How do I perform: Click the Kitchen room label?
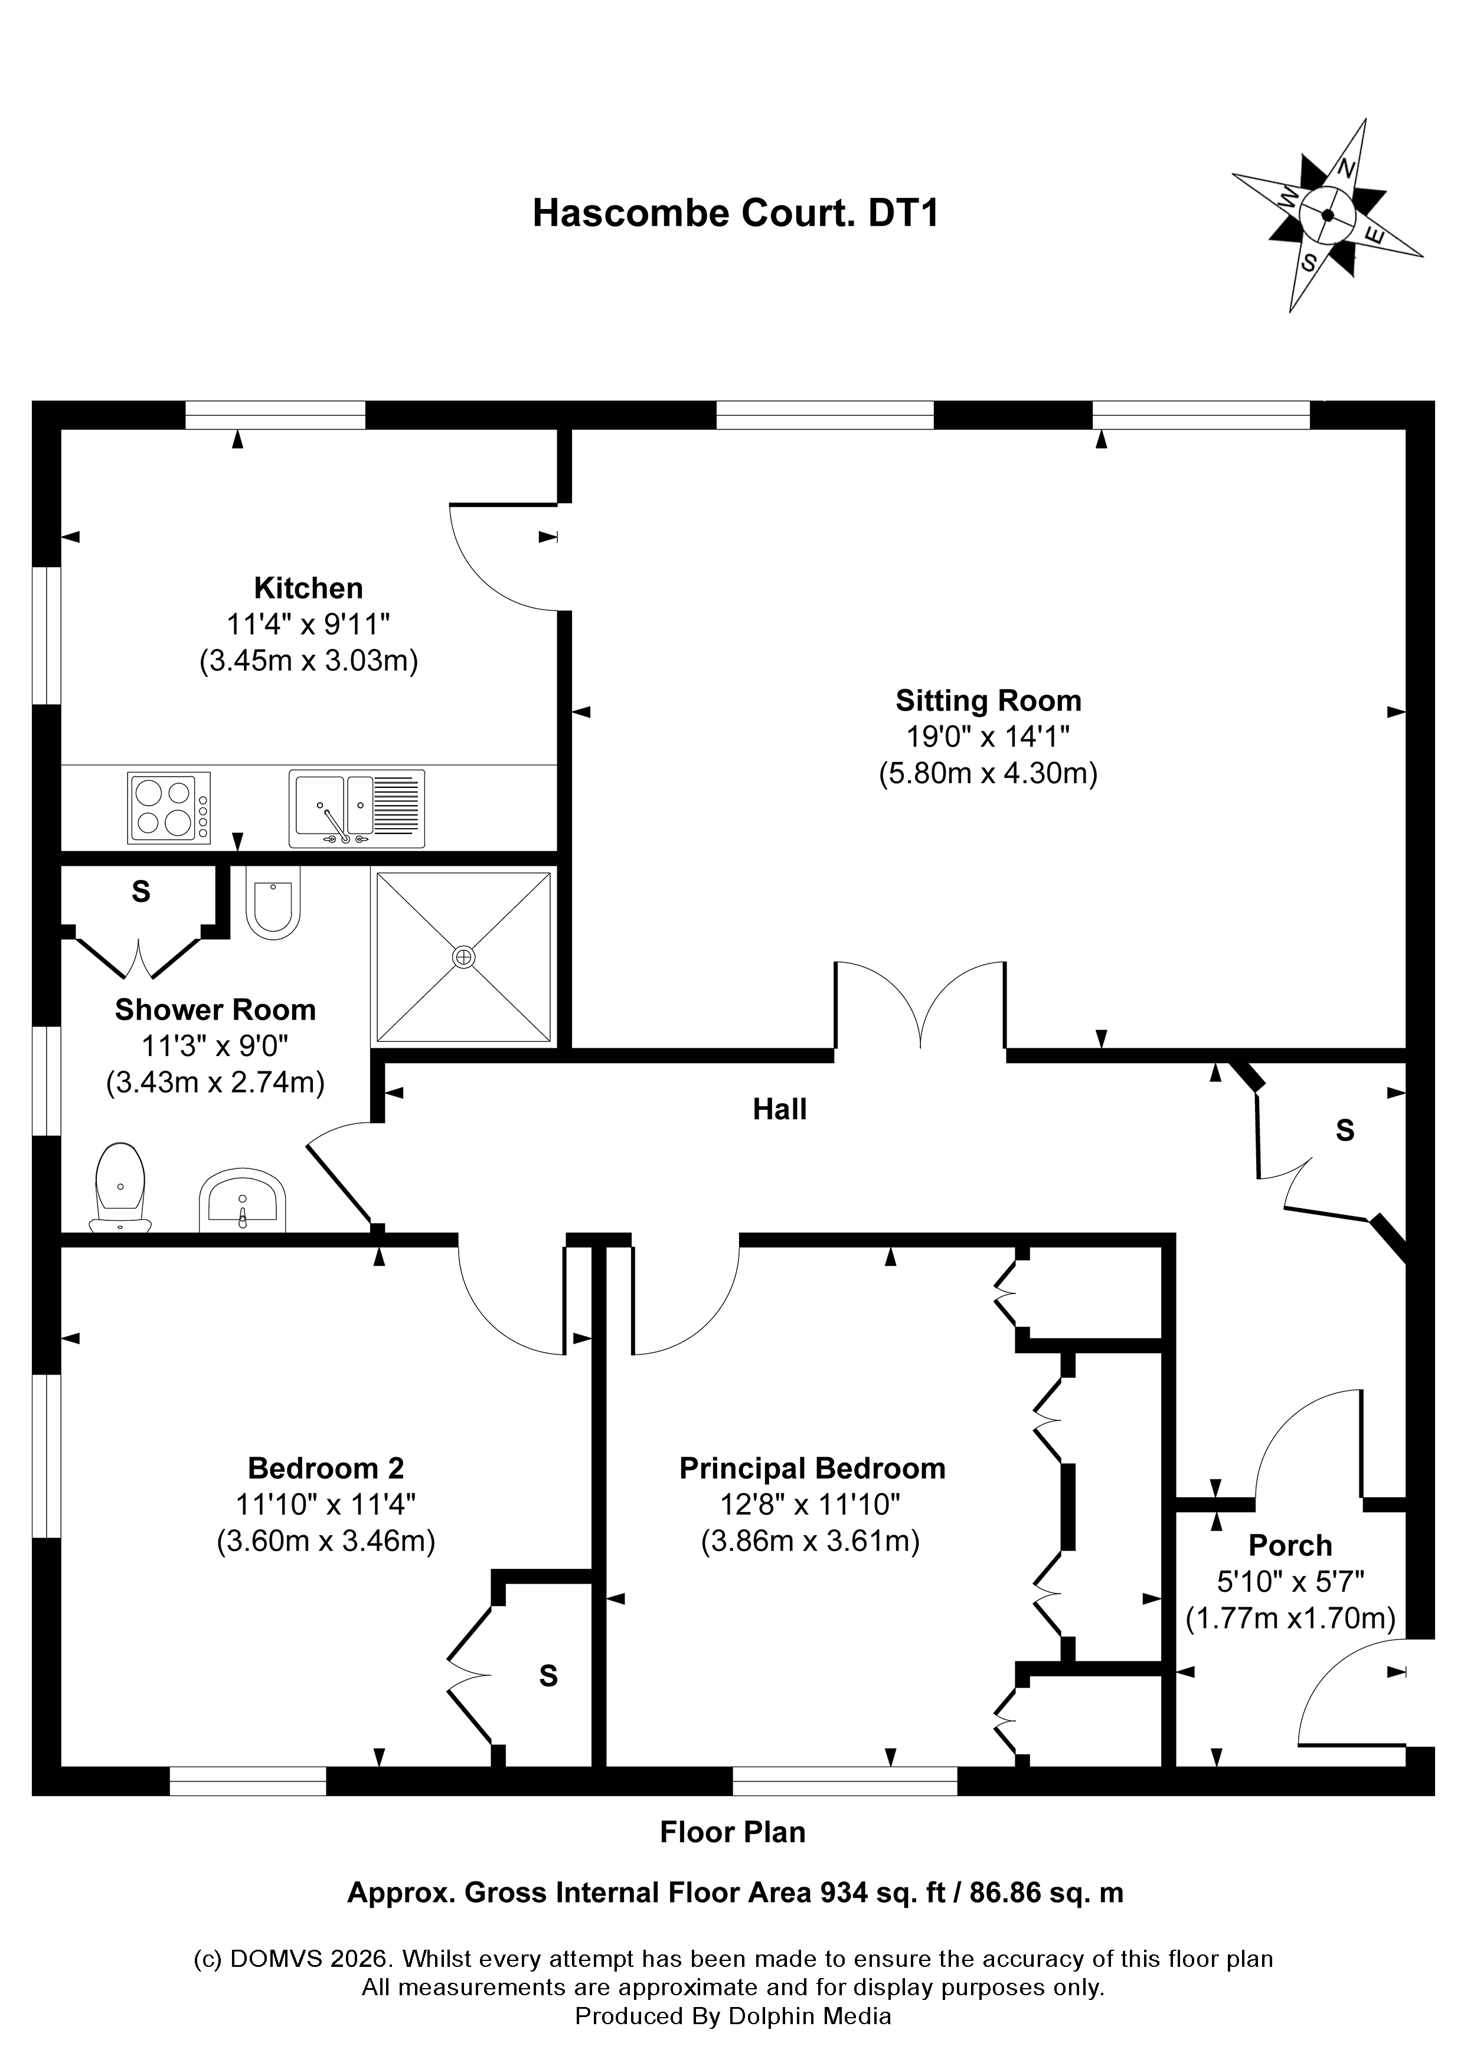pyautogui.click(x=309, y=588)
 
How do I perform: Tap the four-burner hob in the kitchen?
pyautogui.click(x=169, y=807)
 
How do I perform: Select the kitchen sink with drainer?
pyautogui.click(x=357, y=807)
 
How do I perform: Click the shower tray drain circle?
pyautogui.click(x=463, y=957)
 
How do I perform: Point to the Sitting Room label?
pyautogui.click(x=988, y=701)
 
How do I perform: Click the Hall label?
pyautogui.click(x=779, y=1109)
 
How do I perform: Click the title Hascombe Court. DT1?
pyautogui.click(x=735, y=214)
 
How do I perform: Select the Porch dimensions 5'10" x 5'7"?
pyautogui.click(x=1290, y=1581)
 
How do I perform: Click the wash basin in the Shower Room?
pyautogui.click(x=242, y=1203)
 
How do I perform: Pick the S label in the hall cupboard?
pyautogui.click(x=1344, y=1130)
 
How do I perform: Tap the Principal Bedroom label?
pyautogui.click(x=812, y=1468)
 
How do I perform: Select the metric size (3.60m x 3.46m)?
pyautogui.click(x=326, y=1540)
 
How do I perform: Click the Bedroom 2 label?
pyautogui.click(x=326, y=1468)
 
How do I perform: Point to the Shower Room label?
pyautogui.click(x=215, y=1010)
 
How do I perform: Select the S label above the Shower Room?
pyautogui.click(x=140, y=892)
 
